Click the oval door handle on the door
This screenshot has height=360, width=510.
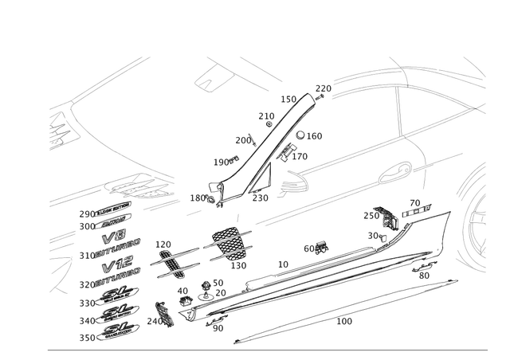point(398,169)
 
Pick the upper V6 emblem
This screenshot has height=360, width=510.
point(115,239)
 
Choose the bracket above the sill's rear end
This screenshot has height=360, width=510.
point(387,217)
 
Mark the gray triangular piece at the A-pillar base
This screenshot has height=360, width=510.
point(284,184)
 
